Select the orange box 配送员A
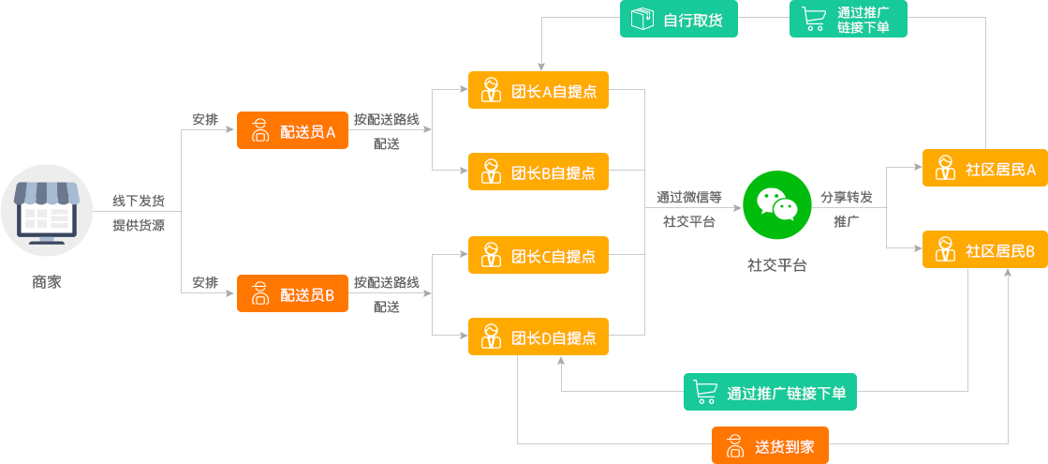pos(292,131)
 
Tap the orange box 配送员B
pos(292,293)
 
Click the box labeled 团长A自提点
pos(538,90)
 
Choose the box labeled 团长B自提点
pos(538,172)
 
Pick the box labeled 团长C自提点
pos(538,255)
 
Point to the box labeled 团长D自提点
pos(538,337)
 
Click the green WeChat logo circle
pos(776,205)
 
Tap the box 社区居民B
pos(984,249)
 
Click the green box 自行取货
pos(678,19)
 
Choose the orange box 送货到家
pos(771,445)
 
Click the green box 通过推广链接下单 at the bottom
pos(769,392)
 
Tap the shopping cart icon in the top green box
pos(811,18)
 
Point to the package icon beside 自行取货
pos(642,19)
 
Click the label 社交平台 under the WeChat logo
pos(776,264)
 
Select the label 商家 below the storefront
pos(46,280)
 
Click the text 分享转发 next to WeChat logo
pos(847,198)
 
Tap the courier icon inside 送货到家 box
pos(735,446)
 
